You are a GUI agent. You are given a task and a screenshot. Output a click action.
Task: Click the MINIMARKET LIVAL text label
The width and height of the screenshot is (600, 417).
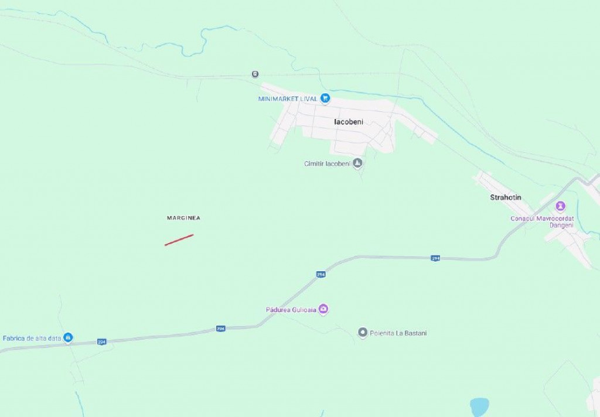tap(287, 99)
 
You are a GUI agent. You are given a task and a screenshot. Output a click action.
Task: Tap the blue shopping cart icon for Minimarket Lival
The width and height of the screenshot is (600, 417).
tap(325, 98)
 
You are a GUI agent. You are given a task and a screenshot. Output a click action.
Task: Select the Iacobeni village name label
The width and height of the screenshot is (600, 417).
tap(349, 122)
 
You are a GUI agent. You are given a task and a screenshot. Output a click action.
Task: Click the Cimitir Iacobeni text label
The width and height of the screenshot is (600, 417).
tap(327, 164)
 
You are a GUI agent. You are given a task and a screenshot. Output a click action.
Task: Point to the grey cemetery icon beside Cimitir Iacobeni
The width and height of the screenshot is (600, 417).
tap(357, 163)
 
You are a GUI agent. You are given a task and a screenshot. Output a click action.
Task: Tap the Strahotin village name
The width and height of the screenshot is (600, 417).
tap(506, 197)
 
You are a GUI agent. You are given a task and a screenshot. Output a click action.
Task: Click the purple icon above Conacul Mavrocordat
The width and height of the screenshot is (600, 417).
tap(561, 206)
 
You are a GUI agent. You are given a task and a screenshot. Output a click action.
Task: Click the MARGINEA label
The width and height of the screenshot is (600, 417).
tap(183, 218)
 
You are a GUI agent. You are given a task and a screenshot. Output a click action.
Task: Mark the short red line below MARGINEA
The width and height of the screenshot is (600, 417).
tap(179, 240)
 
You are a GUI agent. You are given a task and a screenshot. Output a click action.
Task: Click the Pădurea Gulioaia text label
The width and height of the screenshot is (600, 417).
tap(291, 309)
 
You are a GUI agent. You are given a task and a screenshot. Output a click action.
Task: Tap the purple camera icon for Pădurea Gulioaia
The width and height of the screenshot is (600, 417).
tap(323, 309)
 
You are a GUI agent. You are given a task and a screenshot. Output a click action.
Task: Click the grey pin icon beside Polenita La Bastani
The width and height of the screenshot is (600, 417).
tap(363, 333)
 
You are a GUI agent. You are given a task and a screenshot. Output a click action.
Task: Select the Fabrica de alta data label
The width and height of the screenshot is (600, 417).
tap(32, 339)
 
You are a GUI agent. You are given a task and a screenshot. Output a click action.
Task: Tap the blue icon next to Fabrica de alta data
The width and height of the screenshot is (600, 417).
tap(68, 337)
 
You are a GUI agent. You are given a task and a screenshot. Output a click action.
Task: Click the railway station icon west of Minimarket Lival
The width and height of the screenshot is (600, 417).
tap(255, 74)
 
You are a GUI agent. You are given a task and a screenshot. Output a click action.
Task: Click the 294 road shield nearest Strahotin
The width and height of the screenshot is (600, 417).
tap(435, 258)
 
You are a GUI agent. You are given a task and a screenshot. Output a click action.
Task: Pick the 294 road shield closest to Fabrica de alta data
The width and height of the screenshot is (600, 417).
tap(101, 341)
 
